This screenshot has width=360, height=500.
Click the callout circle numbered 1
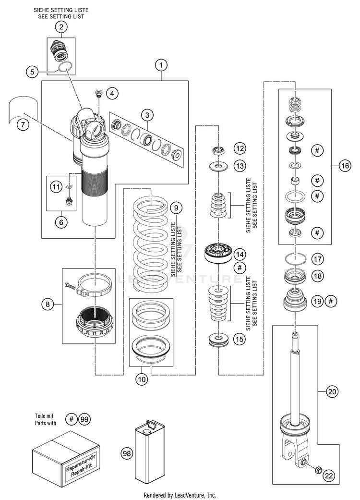(161, 65)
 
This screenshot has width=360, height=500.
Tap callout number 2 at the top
(61, 27)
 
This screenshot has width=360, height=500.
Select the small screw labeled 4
(98, 93)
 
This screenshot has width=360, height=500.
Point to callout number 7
(23, 124)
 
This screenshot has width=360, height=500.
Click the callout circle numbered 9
(176, 208)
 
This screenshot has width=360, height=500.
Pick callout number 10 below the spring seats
(142, 379)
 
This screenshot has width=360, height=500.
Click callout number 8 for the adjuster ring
(48, 304)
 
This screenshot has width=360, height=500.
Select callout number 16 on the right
(345, 166)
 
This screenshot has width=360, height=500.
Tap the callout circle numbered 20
(332, 391)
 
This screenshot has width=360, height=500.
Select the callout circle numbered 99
(84, 419)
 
